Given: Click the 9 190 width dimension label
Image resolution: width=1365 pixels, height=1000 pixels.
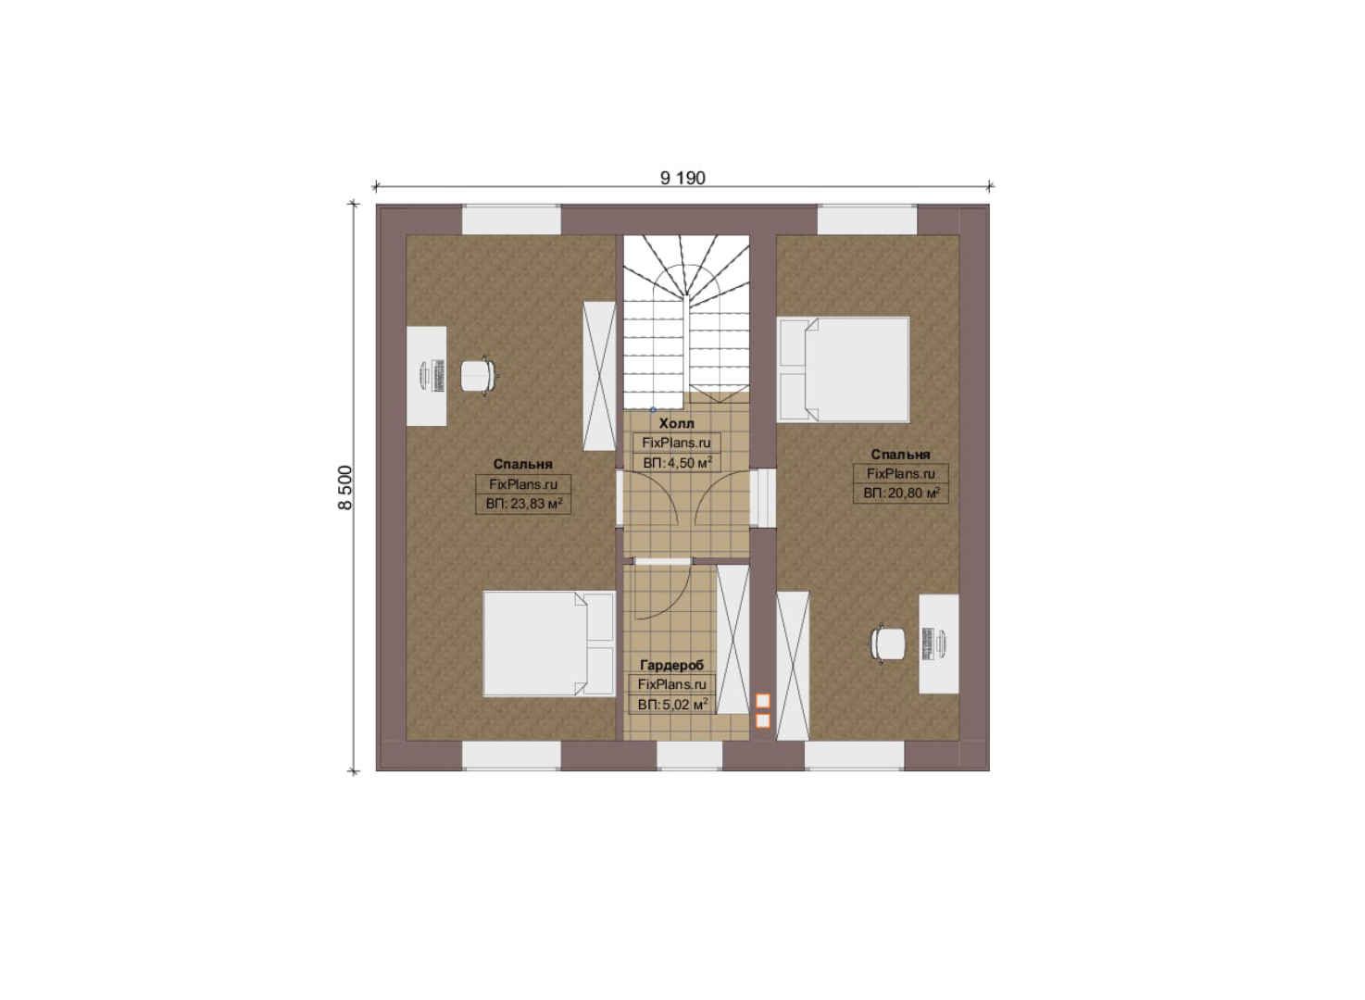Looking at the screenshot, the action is point(682,178).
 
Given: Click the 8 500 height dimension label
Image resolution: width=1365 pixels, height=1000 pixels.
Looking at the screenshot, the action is point(344,488).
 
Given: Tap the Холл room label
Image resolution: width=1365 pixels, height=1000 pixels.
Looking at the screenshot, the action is point(676,423).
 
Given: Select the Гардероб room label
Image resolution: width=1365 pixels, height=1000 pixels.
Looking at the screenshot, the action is point(671,665).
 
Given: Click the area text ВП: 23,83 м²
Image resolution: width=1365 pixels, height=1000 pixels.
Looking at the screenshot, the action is point(524,504).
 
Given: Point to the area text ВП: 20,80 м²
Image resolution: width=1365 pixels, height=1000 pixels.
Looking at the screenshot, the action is point(901,493).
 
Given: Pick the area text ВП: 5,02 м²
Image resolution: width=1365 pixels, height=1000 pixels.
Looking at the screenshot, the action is point(672,705).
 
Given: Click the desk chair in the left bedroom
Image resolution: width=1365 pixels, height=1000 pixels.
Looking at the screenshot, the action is point(478,376).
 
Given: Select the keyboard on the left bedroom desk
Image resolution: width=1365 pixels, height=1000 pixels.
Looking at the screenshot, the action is point(438,376).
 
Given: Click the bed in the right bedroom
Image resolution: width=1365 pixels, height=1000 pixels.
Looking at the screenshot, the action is point(844,369).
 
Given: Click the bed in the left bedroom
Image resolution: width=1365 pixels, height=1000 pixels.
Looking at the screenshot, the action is point(549,644).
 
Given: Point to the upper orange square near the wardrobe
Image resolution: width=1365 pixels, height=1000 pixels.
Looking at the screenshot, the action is point(763,702).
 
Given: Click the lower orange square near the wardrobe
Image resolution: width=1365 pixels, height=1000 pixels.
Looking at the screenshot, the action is point(763,721).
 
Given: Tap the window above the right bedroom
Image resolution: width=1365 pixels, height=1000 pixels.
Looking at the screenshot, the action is point(867,220).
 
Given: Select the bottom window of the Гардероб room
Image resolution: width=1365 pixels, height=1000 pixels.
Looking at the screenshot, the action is point(689,756).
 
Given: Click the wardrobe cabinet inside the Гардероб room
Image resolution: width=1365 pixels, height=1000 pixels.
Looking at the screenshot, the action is point(733,639).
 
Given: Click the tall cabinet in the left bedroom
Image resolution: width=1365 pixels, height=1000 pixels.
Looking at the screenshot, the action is point(600,376).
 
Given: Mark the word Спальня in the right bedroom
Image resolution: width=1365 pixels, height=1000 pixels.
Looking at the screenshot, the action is point(901,455).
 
